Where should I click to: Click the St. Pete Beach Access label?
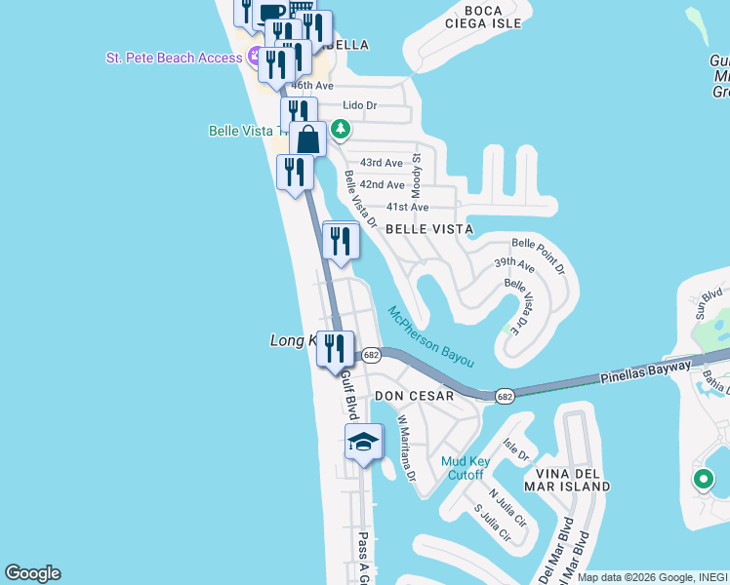174,58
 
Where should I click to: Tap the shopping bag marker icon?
307,139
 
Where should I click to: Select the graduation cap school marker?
363,443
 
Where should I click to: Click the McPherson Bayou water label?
430,337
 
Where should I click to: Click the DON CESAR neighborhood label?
415,396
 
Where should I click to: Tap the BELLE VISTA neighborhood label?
429,229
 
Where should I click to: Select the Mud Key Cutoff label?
463,468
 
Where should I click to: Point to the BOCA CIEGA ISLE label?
485,16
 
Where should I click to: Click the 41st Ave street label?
407,207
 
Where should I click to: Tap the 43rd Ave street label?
381,163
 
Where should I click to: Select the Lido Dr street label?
360,105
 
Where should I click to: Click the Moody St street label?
417,171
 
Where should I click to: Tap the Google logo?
32,573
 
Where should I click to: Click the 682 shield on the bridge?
505,396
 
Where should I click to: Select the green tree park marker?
340,128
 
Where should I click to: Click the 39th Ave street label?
514,264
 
